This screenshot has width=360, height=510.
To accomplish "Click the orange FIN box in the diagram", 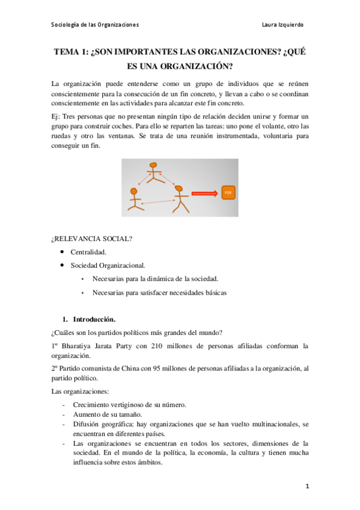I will (x=227, y=193).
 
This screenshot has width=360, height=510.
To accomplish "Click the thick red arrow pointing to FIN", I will (x=204, y=194).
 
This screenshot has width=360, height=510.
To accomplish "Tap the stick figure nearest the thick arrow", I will (x=178, y=199).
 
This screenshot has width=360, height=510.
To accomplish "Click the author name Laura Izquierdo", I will (x=283, y=25).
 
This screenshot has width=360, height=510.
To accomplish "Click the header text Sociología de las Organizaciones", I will (x=95, y=25).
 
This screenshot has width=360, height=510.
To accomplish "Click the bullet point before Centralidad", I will (x=62, y=252).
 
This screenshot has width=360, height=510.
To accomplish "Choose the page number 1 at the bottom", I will (x=307, y=485).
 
